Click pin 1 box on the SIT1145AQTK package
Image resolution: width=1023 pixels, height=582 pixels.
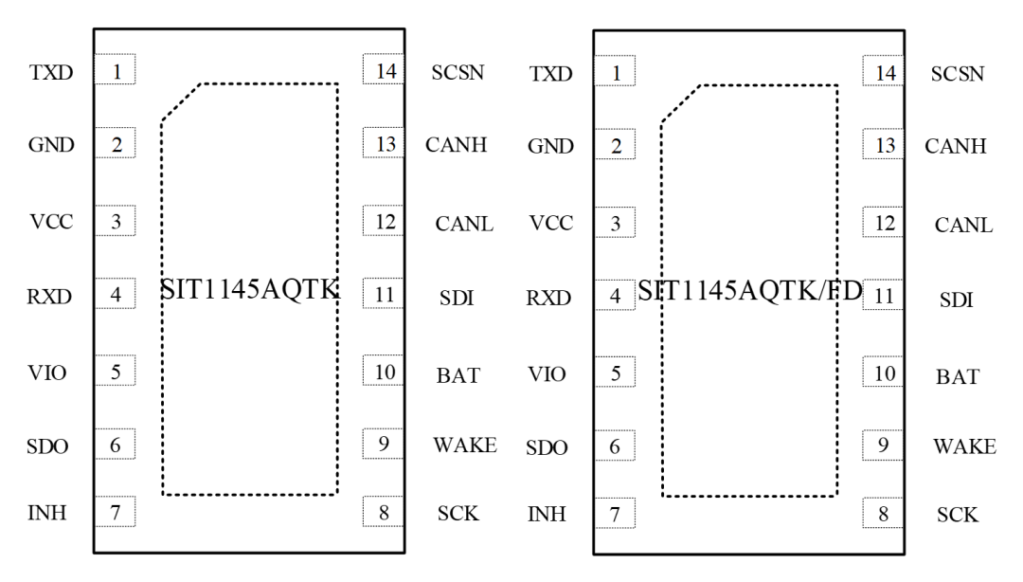click(116, 70)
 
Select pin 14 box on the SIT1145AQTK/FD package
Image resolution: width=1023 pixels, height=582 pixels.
click(884, 72)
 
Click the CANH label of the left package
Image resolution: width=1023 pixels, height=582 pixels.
click(457, 145)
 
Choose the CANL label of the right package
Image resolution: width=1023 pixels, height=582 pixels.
click(964, 226)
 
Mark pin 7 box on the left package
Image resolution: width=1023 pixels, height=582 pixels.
click(116, 514)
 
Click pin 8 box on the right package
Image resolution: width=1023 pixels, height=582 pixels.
click(884, 515)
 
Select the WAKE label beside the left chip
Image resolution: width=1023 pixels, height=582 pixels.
click(465, 446)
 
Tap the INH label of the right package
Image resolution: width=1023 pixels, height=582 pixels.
click(547, 515)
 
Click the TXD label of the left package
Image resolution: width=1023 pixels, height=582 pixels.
click(51, 72)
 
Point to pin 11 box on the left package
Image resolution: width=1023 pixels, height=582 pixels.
click(385, 294)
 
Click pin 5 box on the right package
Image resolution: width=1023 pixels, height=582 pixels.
click(616, 373)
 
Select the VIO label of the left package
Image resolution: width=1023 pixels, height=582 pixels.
click(47, 373)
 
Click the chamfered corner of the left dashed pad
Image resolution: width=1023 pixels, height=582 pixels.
click(181, 101)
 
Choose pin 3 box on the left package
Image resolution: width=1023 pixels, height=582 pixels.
click(116, 222)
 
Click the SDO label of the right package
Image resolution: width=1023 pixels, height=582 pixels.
click(547, 447)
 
